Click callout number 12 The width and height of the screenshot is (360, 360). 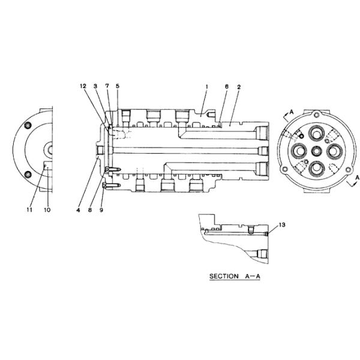pyautogui.click(x=83, y=86)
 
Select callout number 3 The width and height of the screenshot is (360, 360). pyautogui.click(x=95, y=86)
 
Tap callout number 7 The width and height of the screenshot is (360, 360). pyautogui.click(x=107, y=86)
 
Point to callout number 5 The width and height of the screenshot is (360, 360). pyautogui.click(x=118, y=86)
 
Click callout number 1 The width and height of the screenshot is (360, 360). pyautogui.click(x=206, y=87)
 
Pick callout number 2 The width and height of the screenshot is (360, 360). pyautogui.click(x=239, y=87)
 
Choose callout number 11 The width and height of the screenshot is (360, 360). pyautogui.click(x=29, y=209)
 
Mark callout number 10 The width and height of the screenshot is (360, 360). pyautogui.click(x=47, y=209)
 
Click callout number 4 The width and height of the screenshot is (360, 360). pyautogui.click(x=78, y=210)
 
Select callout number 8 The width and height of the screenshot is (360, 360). pyautogui.click(x=90, y=210)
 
